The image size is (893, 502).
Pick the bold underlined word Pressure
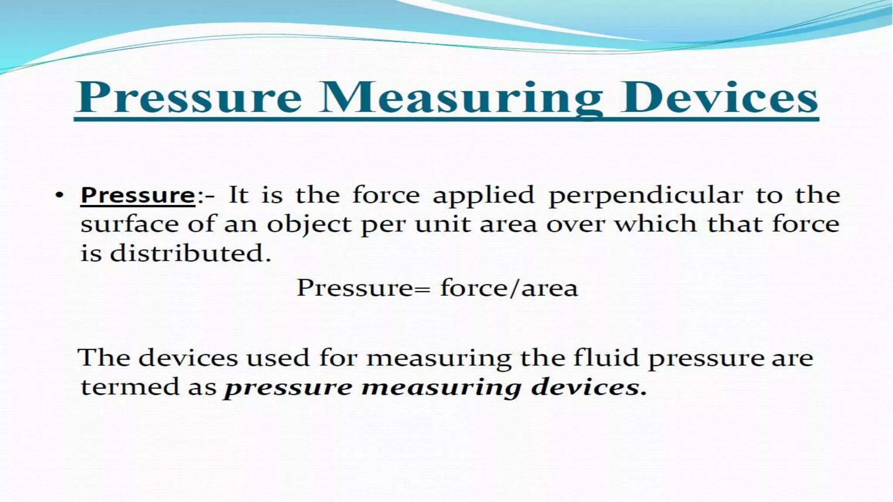tap(138, 195)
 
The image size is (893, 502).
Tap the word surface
tap(130, 224)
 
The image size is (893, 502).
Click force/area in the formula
tap(509, 288)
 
